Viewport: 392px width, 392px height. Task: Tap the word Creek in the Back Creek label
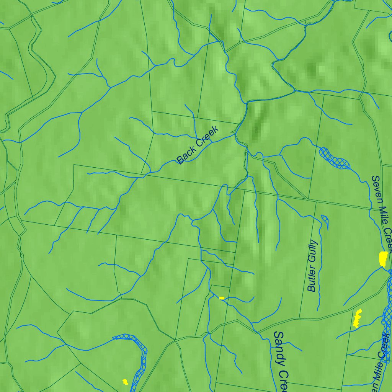(207, 136)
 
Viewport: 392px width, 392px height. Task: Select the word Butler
(312, 279)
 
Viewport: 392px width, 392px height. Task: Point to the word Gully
(313, 250)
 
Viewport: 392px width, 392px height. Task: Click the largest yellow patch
(383, 259)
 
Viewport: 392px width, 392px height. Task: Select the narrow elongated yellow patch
(357, 318)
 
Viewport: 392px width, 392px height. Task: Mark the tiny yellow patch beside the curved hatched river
(125, 381)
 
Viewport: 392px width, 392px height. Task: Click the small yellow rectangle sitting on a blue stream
(222, 298)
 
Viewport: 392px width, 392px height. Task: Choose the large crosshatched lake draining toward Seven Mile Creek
(335, 158)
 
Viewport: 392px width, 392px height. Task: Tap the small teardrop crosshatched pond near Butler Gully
(325, 219)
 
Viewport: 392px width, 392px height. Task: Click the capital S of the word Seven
(375, 179)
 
